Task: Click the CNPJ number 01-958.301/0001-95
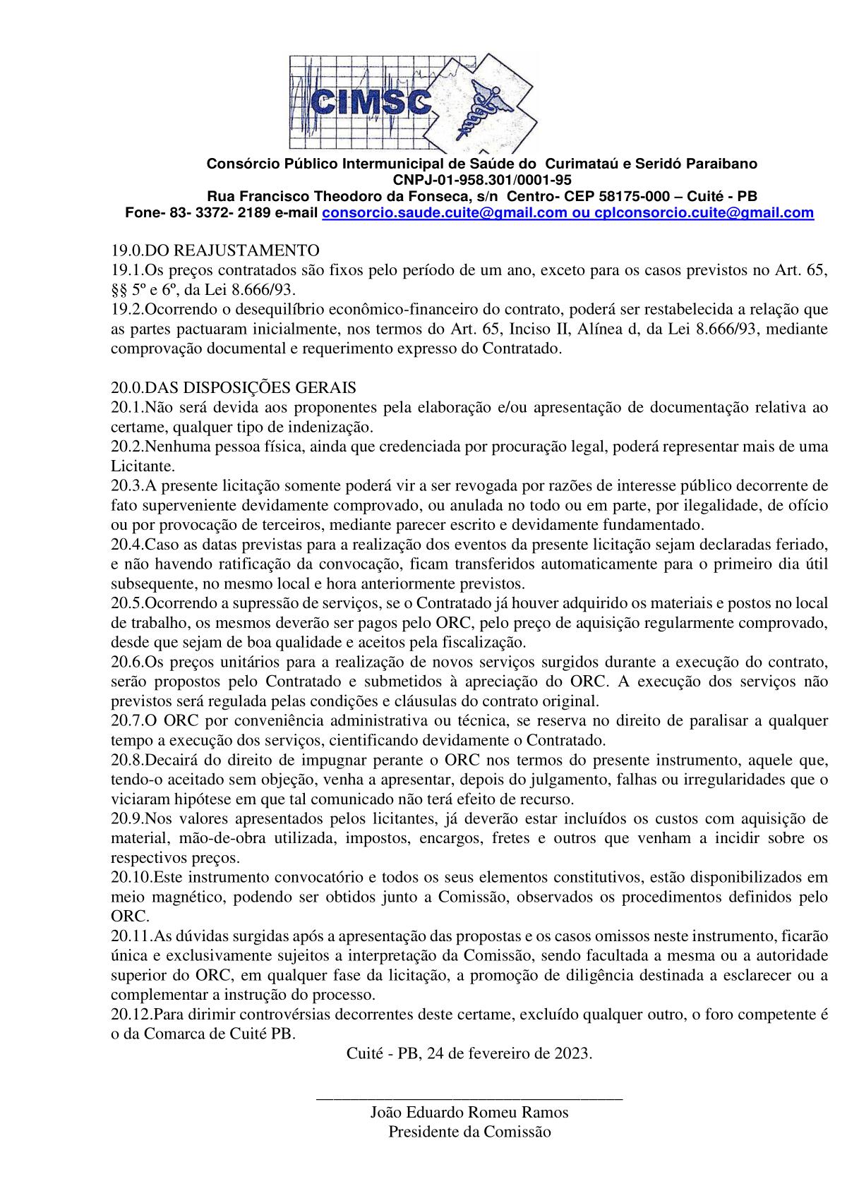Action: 498,180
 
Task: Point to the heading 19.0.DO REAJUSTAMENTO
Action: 215,250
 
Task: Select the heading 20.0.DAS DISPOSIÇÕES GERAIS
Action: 234,388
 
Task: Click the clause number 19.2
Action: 127,309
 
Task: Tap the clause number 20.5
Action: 127,603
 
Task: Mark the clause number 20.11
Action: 131,936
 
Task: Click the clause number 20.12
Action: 131,1015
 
